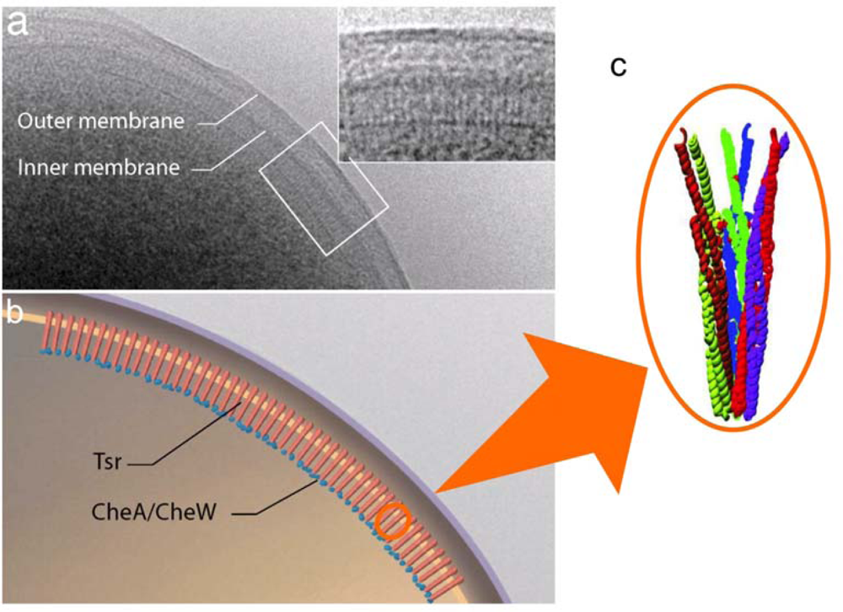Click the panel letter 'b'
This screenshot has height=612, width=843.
point(16,314)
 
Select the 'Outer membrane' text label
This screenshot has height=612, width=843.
point(100,121)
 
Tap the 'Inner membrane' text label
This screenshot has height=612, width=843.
point(99,167)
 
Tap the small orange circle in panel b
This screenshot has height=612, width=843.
point(392,522)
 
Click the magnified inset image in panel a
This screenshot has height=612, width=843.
point(446,83)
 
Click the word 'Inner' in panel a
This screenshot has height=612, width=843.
point(39,167)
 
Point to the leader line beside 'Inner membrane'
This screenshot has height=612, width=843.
point(233,151)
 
